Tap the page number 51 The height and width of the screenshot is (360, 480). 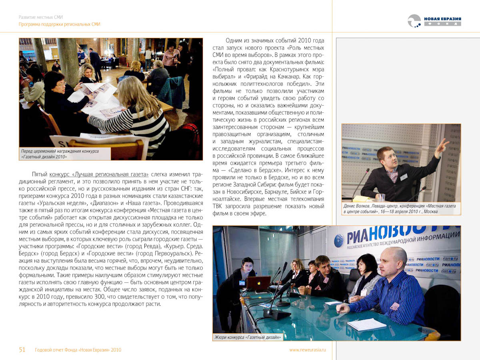[22, 350]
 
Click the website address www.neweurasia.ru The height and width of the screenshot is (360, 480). [308, 350]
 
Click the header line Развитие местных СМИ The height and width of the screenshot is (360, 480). [41, 17]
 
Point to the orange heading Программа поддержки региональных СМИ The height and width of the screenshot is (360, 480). [60, 24]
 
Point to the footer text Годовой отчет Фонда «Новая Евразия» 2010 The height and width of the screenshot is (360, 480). [78, 350]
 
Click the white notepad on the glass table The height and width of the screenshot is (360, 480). [366, 324]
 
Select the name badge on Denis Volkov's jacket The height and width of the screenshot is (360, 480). [404, 176]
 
